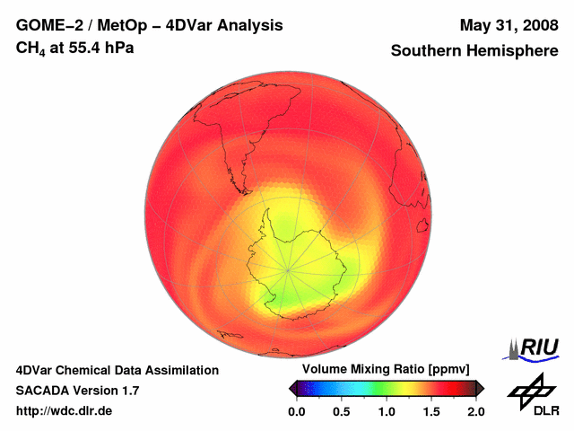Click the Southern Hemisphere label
pyautogui.click(x=474, y=51)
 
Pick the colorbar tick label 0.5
pyautogui.click(x=341, y=411)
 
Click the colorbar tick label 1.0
pyautogui.click(x=386, y=411)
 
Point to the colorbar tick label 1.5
pyautogui.click(x=430, y=411)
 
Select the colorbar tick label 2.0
pyautogui.click(x=475, y=411)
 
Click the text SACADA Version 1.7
pyautogui.click(x=77, y=391)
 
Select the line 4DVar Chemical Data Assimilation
pyautogui.click(x=117, y=370)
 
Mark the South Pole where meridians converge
pyautogui.click(x=289, y=268)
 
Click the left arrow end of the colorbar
pyautogui.click(x=291, y=388)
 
